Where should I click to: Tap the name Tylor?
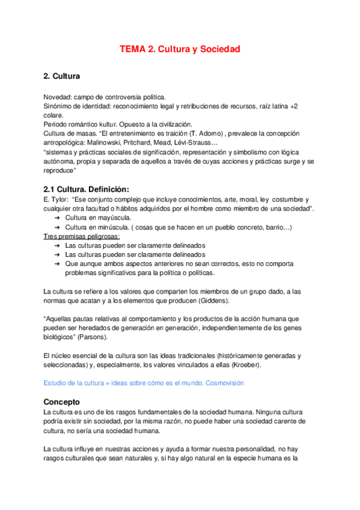[58, 200]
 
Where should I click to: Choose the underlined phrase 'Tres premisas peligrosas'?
[69, 236]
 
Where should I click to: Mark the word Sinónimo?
[58, 106]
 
